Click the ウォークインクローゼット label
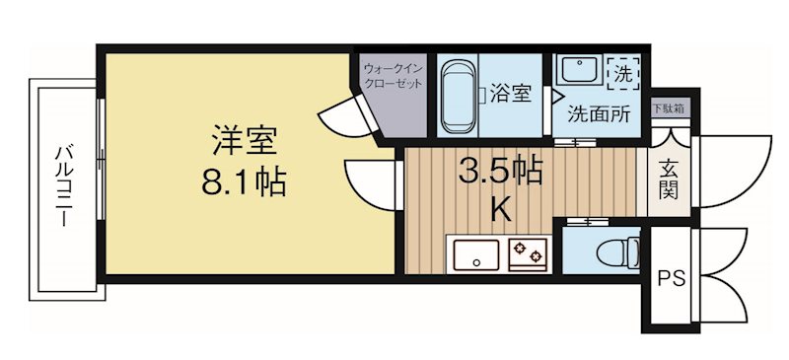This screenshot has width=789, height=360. (x=394, y=76)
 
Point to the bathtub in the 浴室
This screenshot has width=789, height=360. (x=459, y=96)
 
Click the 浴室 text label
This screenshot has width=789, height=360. (x=511, y=95)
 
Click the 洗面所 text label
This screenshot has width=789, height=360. (x=598, y=113)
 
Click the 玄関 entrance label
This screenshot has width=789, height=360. (x=669, y=178)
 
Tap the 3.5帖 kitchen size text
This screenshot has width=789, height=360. (x=500, y=172)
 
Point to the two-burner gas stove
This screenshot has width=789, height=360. (x=530, y=255)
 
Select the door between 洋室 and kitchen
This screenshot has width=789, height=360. (x=370, y=181)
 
